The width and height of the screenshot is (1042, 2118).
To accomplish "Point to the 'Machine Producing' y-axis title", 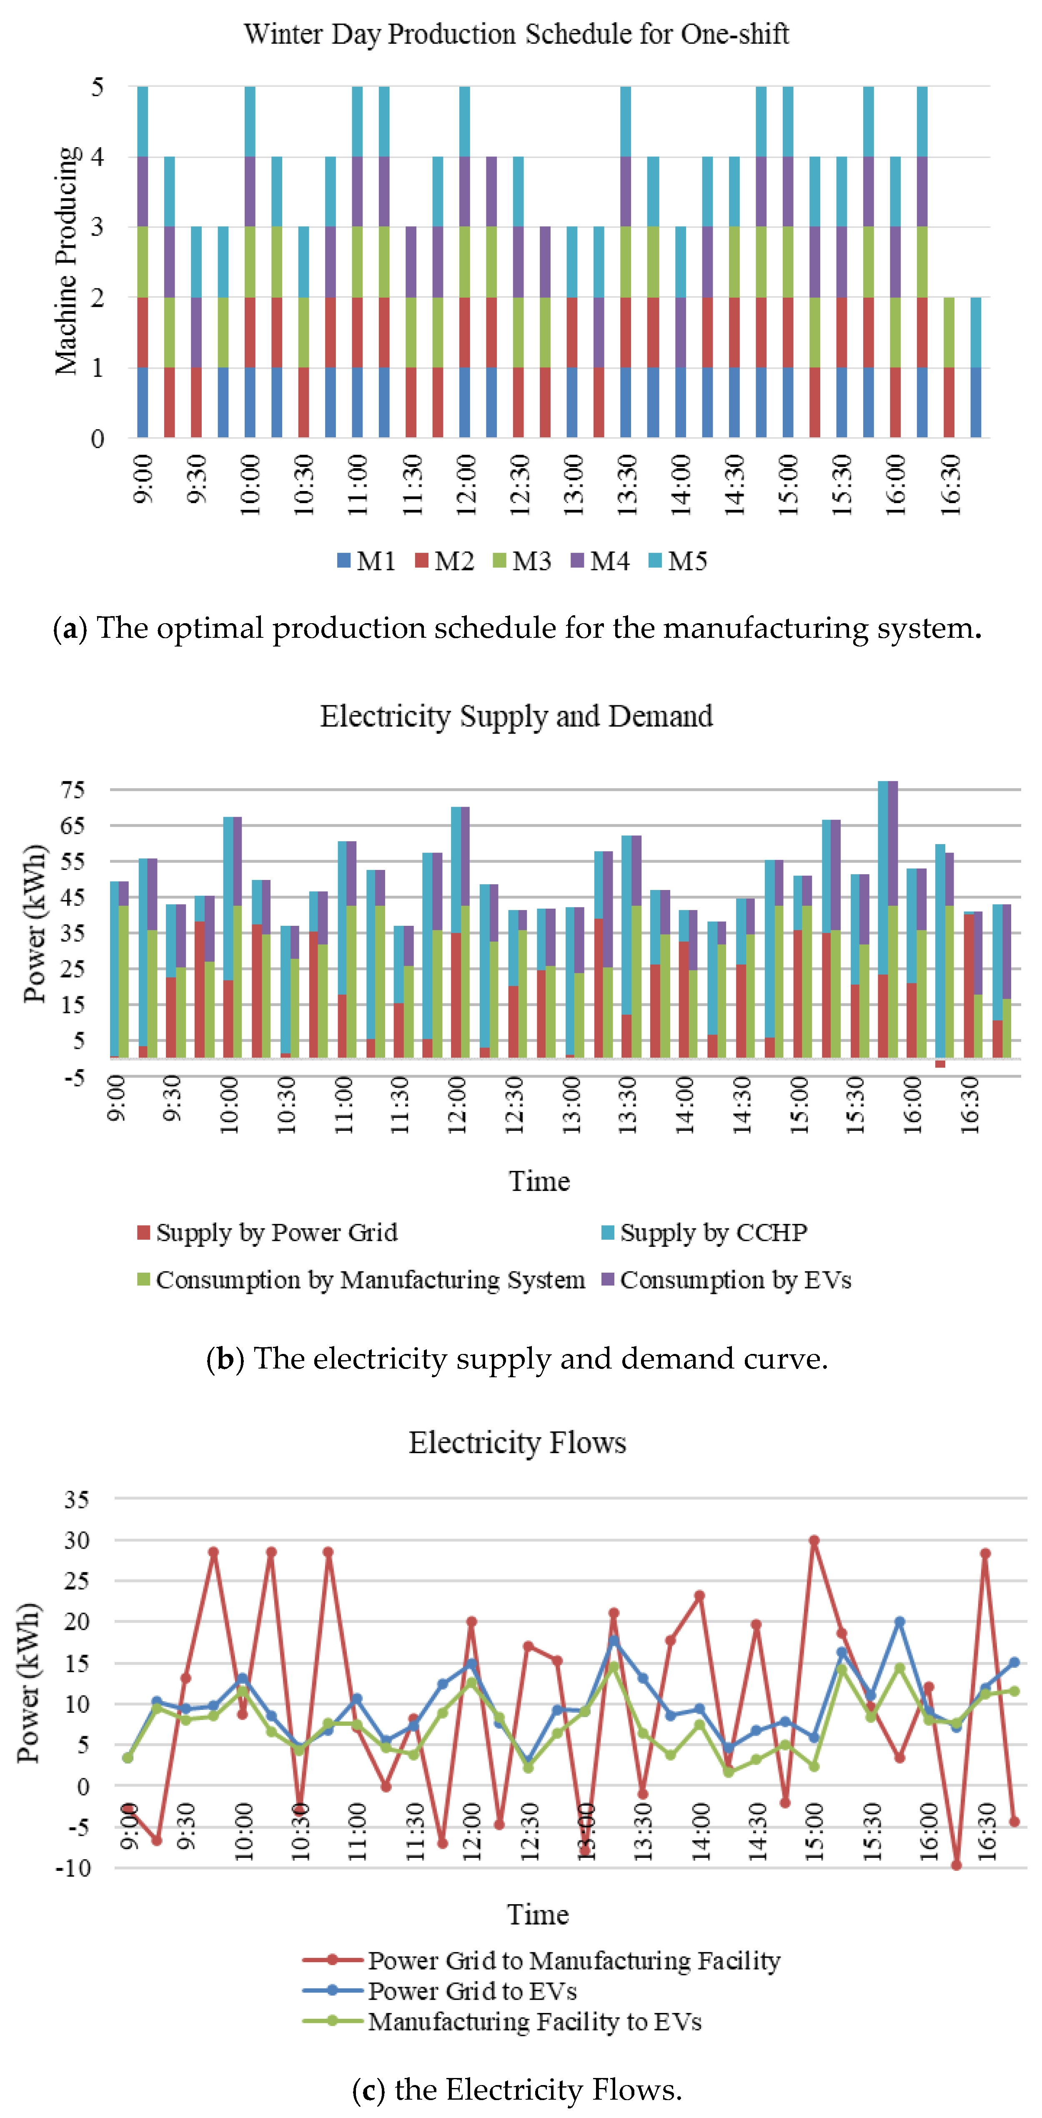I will tap(68, 261).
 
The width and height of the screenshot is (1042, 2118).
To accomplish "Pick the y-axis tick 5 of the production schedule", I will tap(98, 86).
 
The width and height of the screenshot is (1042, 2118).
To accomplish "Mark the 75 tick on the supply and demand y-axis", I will tap(73, 790).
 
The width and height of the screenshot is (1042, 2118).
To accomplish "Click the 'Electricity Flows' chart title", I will tap(517, 1442).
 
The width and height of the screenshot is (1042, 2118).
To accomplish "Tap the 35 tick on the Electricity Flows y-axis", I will tap(76, 1499).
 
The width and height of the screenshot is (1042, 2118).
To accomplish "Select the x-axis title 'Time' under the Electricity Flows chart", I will tap(538, 1914).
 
